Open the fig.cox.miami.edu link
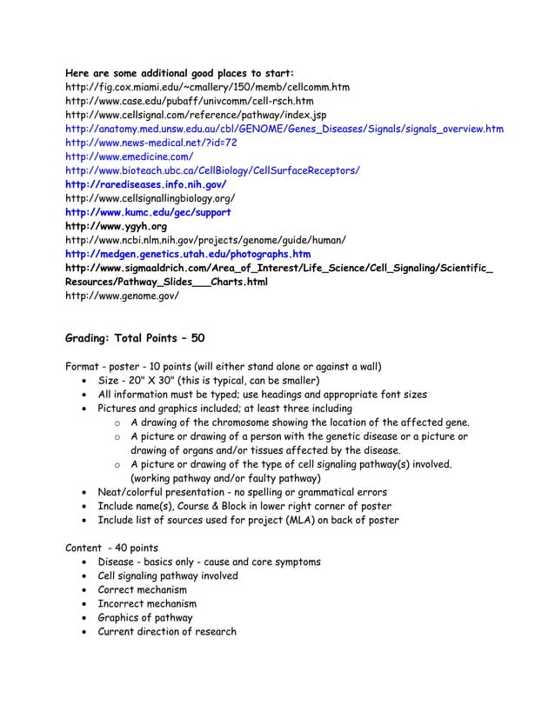[x=208, y=88]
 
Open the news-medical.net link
[x=151, y=143]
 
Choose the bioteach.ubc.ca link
[x=212, y=171]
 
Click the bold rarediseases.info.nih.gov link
[x=146, y=185]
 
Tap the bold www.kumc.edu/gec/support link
[x=149, y=213]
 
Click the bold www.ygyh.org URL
[x=117, y=227]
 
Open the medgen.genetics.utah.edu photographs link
[x=188, y=255]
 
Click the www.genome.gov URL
[x=123, y=296]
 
